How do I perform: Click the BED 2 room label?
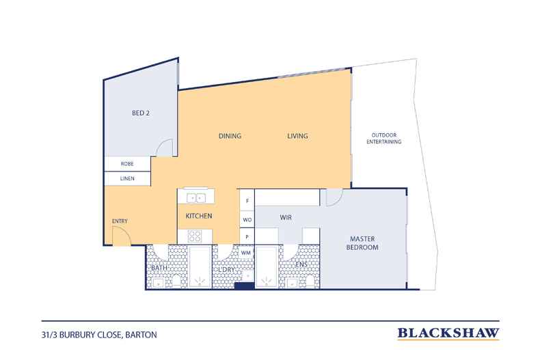(x=141, y=113)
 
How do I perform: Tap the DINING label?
(x=230, y=136)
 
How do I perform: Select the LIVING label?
(x=297, y=136)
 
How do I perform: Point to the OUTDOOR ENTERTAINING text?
(x=383, y=139)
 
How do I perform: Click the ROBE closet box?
(x=127, y=164)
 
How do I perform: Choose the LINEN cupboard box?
(x=127, y=178)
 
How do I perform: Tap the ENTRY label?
(x=120, y=221)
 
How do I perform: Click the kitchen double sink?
(x=196, y=198)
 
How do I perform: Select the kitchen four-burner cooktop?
(x=195, y=236)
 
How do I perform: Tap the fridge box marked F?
(x=247, y=200)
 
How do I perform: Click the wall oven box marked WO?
(x=247, y=219)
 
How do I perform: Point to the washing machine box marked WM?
(x=245, y=253)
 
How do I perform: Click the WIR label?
(x=286, y=217)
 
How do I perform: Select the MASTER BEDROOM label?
(x=362, y=243)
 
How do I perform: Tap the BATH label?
(x=159, y=268)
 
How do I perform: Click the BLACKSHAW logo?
(x=448, y=333)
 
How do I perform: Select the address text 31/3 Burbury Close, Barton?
(x=99, y=335)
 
